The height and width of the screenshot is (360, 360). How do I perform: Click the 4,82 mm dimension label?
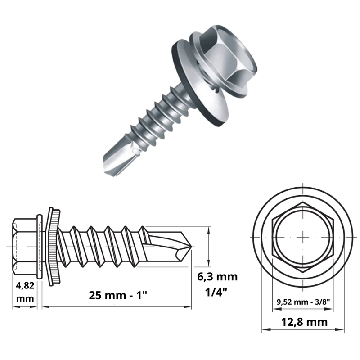tap(25, 292)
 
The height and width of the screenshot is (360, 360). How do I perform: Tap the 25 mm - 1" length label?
tap(118, 295)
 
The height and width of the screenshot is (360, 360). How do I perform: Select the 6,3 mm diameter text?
tap(217, 277)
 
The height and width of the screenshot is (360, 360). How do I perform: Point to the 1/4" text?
tap(216, 292)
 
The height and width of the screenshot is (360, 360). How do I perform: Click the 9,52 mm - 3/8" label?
tap(303, 302)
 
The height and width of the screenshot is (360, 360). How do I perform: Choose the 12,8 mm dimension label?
tap(304, 322)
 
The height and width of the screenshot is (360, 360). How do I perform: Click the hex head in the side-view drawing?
tap(25, 247)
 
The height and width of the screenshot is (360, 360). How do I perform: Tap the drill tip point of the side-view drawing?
tap(192, 247)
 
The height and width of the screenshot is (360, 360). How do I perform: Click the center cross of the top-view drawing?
tap(303, 237)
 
